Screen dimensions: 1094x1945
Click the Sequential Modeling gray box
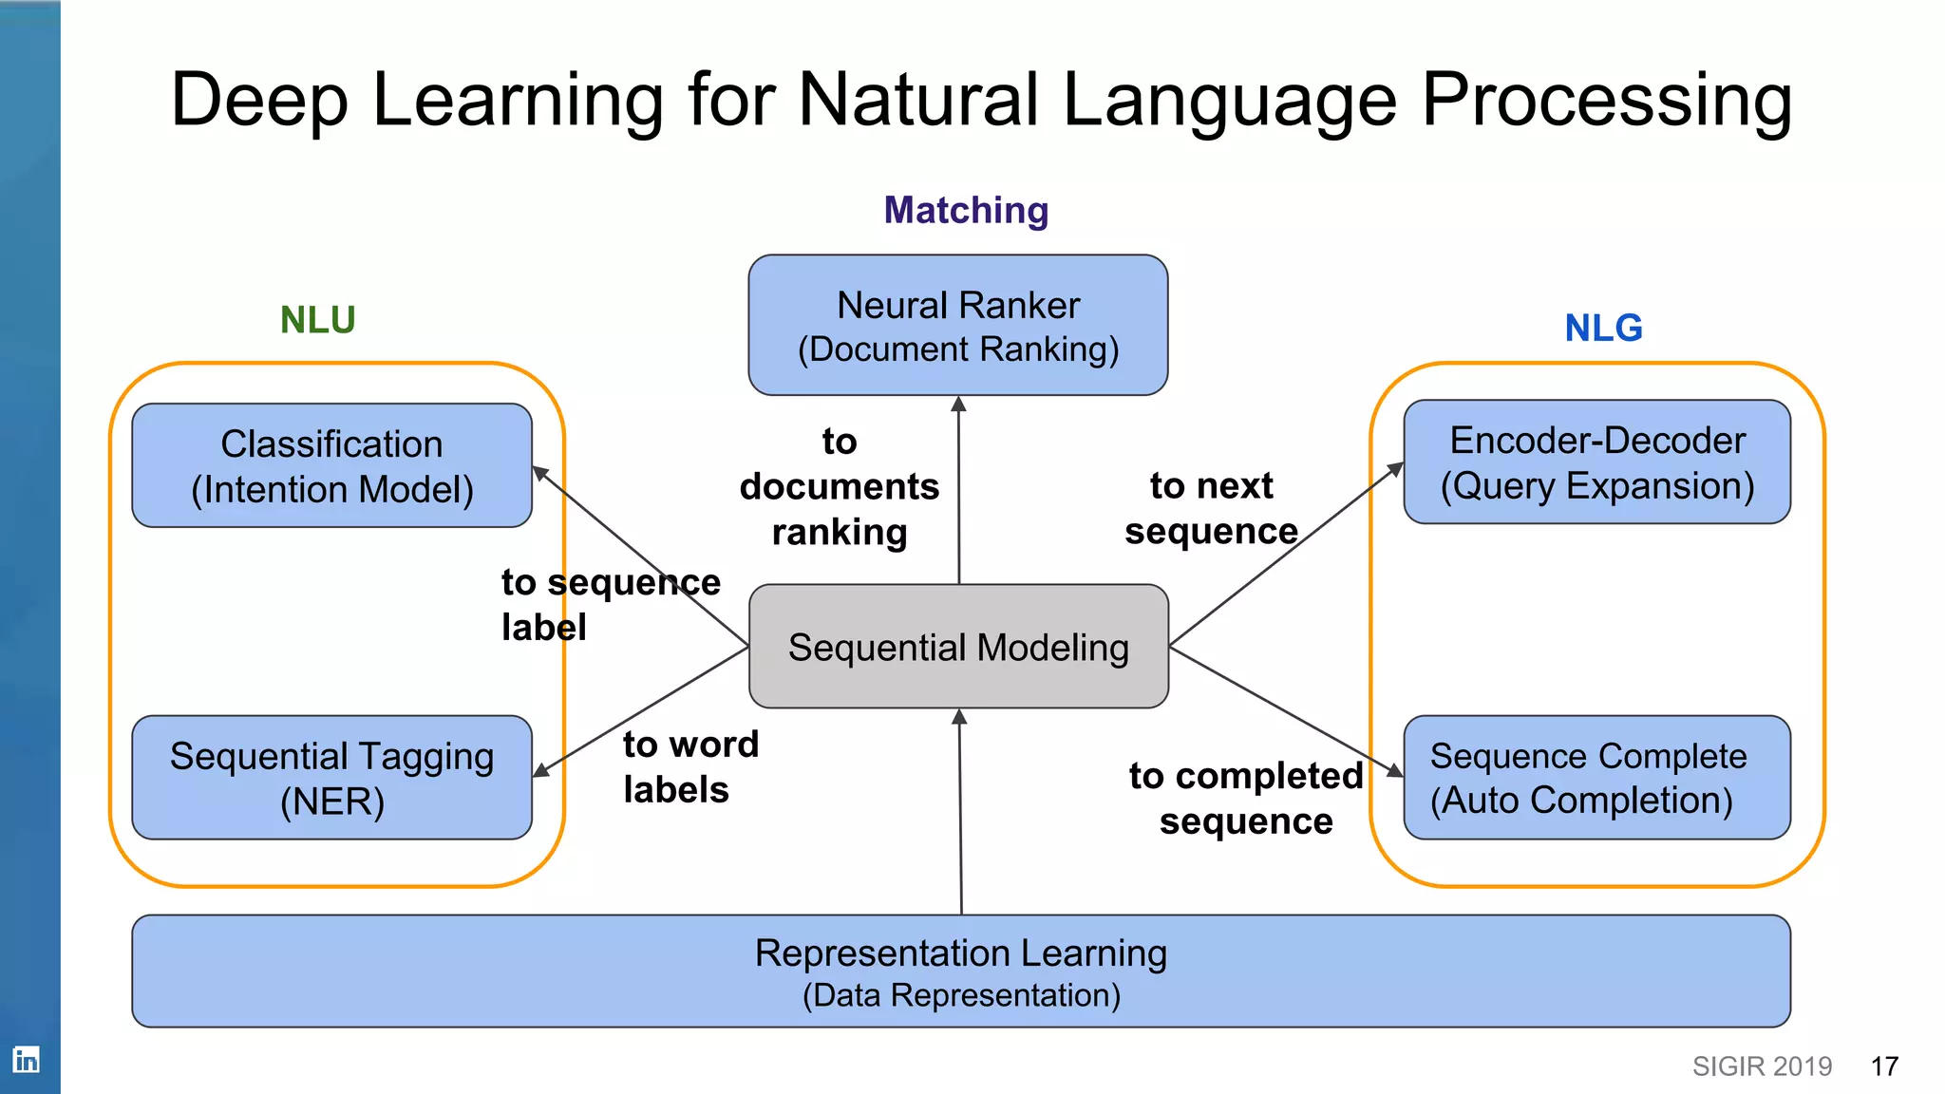(x=958, y=647)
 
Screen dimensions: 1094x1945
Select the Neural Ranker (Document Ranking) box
(x=958, y=325)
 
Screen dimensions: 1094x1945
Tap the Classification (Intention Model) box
(x=331, y=465)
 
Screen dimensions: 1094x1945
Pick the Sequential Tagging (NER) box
(x=331, y=778)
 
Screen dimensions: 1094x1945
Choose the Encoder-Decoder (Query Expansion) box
(x=1596, y=462)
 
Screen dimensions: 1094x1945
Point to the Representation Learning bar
(x=960, y=971)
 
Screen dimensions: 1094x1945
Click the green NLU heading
(x=317, y=320)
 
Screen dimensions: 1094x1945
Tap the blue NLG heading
(x=1603, y=329)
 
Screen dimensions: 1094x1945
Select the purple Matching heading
(x=966, y=211)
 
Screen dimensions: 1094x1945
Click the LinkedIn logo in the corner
(x=26, y=1059)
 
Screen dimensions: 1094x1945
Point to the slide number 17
(x=1884, y=1066)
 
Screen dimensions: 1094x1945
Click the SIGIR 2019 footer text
(x=1762, y=1066)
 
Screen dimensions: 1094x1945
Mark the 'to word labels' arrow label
(x=690, y=767)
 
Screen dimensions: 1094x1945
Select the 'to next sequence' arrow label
(x=1211, y=508)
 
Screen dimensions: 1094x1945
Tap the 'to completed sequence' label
(x=1246, y=798)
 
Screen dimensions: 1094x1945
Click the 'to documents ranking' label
(x=840, y=486)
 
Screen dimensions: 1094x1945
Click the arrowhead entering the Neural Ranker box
(x=958, y=405)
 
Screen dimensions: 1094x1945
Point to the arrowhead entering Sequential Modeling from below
(x=959, y=717)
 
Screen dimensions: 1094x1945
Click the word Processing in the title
(x=1606, y=101)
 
